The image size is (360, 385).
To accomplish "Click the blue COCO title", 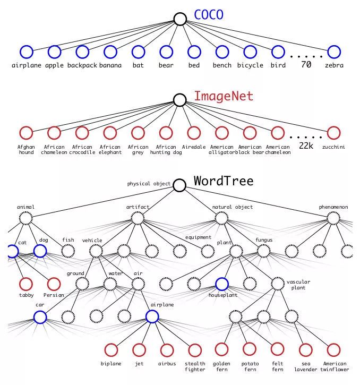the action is tap(209, 15).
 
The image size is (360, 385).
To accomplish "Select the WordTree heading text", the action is tap(223, 181).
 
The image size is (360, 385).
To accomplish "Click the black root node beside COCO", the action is tap(180, 20).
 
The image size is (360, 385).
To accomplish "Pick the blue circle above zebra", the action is tap(333, 52).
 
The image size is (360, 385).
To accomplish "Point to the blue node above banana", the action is tap(110, 52).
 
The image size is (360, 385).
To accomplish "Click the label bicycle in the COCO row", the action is tap(250, 65).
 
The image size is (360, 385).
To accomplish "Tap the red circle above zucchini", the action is tap(333, 132).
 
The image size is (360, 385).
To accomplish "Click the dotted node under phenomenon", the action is tap(333, 218).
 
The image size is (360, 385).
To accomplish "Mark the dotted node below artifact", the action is tap(138, 218).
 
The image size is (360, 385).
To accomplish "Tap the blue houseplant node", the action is tap(222, 284).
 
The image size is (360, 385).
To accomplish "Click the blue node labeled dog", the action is tap(40, 251).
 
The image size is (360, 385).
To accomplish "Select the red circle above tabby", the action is tap(26, 284).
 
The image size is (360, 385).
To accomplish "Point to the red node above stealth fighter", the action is tap(194, 349).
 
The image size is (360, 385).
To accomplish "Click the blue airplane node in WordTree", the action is tap(152, 316).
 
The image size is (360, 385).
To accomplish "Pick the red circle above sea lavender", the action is tap(305, 349).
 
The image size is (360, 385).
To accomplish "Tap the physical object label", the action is tap(149, 184).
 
